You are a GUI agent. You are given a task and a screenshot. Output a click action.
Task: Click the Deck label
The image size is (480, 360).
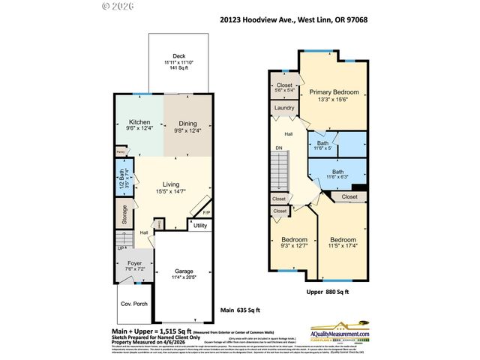coord(178,55)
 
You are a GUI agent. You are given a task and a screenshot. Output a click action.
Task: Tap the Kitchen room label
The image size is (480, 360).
coord(140,122)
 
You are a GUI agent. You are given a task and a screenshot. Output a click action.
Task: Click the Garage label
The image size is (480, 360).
coord(185,271)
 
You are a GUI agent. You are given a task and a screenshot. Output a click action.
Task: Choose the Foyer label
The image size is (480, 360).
coord(135,263)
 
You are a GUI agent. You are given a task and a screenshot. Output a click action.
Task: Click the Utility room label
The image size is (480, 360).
coord(200,225)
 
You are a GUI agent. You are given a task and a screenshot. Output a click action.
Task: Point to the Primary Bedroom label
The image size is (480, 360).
coord(334,92)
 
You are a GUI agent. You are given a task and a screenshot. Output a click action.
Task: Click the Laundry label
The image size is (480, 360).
coord(283,108)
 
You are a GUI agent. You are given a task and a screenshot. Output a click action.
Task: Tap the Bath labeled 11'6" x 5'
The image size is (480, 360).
coord(322,143)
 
